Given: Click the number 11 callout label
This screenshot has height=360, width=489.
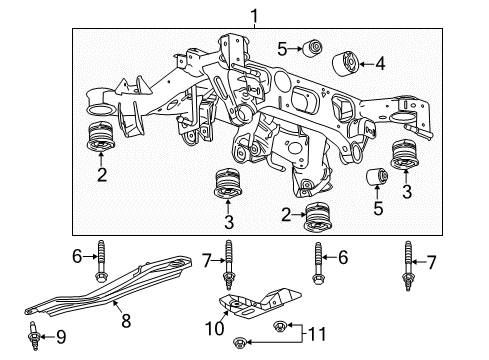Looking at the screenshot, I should pyautogui.click(x=320, y=331).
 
